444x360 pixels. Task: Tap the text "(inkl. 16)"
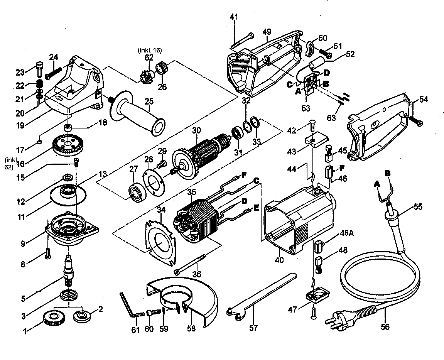149,50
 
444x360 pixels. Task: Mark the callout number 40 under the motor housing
279,260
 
